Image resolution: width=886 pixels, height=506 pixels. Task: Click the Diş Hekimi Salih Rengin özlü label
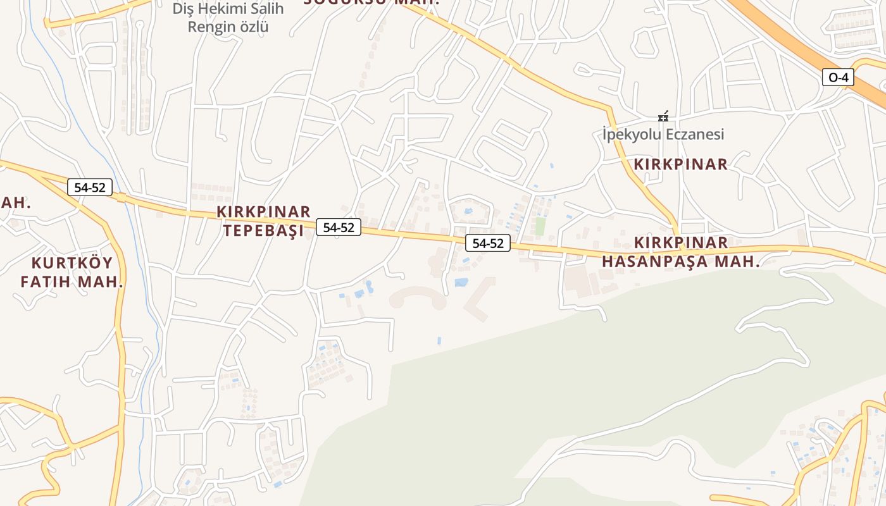(228, 18)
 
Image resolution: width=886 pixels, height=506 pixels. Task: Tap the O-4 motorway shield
(838, 78)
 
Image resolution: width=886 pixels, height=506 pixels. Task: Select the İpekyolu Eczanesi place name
(663, 134)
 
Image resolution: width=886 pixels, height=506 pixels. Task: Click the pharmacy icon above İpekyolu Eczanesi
(663, 116)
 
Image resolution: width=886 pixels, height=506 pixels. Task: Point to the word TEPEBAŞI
(263, 231)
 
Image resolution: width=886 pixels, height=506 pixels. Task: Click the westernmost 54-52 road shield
(90, 187)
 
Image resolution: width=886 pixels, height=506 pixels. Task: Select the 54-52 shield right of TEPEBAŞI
(339, 228)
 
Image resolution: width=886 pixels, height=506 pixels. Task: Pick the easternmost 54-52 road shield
(488, 243)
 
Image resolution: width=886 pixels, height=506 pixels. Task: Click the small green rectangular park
(540, 226)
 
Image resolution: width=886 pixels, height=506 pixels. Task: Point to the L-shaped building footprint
(481, 299)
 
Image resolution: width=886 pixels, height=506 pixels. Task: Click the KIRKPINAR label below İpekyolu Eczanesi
(681, 164)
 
